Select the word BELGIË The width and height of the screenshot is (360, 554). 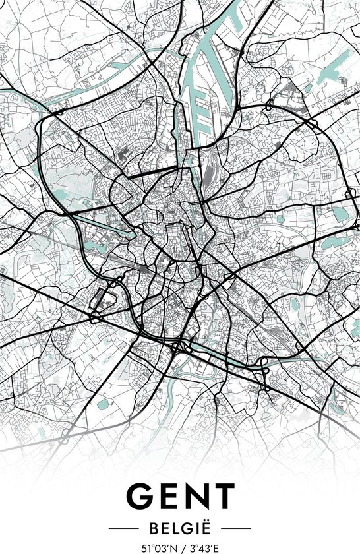pos(180,528)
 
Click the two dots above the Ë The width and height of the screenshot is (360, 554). pos(205,522)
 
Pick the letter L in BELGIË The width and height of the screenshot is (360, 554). pos(177,529)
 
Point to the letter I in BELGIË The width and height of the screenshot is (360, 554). pos(196,529)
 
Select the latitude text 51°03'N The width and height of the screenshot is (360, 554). pos(159,547)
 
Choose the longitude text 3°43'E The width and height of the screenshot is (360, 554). pos(203,547)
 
